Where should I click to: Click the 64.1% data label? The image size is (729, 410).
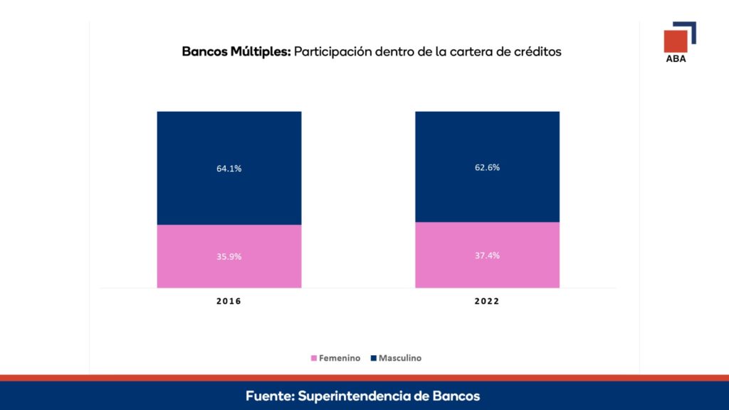click(229, 169)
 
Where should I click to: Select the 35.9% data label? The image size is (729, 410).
click(229, 256)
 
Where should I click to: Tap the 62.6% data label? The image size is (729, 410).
click(487, 167)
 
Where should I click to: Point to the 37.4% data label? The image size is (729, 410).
click(487, 255)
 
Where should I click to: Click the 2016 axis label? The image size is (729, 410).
click(229, 301)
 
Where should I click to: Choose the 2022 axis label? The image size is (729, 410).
click(487, 301)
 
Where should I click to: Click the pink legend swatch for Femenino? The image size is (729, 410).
click(313, 358)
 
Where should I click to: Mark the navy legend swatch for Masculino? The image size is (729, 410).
click(373, 358)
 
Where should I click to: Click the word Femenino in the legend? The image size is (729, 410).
click(339, 358)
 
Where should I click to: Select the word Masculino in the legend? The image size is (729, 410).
click(400, 358)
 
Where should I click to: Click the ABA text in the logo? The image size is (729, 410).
click(676, 59)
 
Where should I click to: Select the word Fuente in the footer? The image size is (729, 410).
click(269, 396)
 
